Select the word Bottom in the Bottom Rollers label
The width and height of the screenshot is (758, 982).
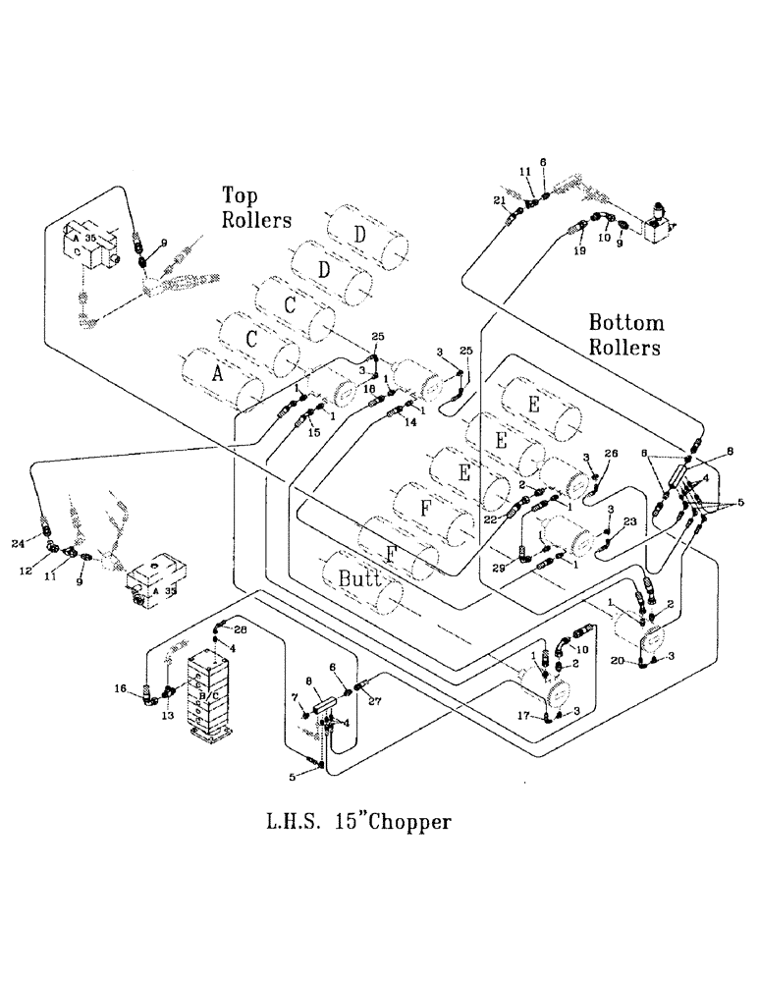click(626, 323)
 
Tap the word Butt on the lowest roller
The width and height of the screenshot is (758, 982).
click(359, 576)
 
